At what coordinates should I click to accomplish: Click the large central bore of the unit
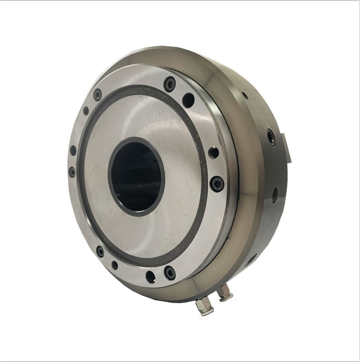pyautogui.click(x=136, y=176)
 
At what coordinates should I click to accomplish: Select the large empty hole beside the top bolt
pyautogui.click(x=188, y=100)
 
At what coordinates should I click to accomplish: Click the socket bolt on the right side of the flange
pyautogui.click(x=217, y=183)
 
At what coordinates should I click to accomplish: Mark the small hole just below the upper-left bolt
pyautogui.click(x=86, y=111)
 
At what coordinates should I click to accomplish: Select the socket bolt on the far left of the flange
pyautogui.click(x=72, y=172)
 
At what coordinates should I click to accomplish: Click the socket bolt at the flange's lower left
pyautogui.click(x=100, y=251)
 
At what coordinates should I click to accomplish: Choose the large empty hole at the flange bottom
pyautogui.click(x=150, y=276)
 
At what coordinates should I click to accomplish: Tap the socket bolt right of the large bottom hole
pyautogui.click(x=170, y=272)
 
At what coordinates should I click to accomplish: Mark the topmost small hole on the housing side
pyautogui.click(x=245, y=95)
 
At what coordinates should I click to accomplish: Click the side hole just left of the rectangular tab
pyautogui.click(x=271, y=137)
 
